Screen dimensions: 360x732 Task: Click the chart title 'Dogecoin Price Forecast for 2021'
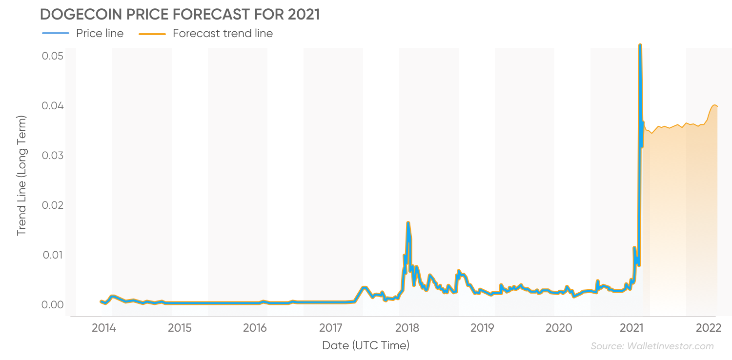[180, 15]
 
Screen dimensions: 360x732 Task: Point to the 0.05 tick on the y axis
[53, 56]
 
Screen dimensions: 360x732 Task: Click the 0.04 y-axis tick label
[53, 106]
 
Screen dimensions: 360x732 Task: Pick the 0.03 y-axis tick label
[53, 156]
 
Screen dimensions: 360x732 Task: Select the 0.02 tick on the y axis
[53, 205]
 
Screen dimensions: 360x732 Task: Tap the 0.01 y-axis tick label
[53, 255]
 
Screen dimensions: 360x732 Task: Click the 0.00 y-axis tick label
[53, 305]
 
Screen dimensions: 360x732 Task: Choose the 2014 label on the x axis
[103, 327]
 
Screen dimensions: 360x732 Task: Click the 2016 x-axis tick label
[255, 327]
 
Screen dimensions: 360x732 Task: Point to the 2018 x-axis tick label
[407, 327]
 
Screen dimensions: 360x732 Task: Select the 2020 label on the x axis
[559, 327]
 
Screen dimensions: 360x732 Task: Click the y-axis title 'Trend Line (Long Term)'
[21, 176]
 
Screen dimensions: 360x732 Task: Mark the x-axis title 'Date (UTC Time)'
[366, 346]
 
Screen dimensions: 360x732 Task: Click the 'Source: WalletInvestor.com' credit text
[652, 346]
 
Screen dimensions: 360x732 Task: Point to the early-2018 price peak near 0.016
[408, 223]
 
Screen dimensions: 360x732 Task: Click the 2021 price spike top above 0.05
[640, 45]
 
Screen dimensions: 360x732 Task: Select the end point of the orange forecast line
[717, 106]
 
